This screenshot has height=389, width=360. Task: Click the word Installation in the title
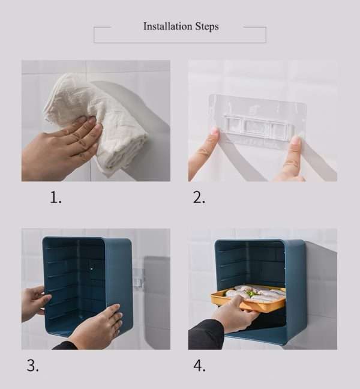point(167,26)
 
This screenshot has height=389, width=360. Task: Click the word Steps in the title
point(206,26)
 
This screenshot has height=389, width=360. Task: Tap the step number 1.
point(55,198)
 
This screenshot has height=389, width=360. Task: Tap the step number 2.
point(199,198)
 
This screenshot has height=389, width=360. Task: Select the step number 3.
point(32,366)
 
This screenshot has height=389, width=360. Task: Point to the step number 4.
point(199,366)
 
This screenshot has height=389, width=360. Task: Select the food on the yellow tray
point(255,294)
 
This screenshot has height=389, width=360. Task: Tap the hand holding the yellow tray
point(234,315)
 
